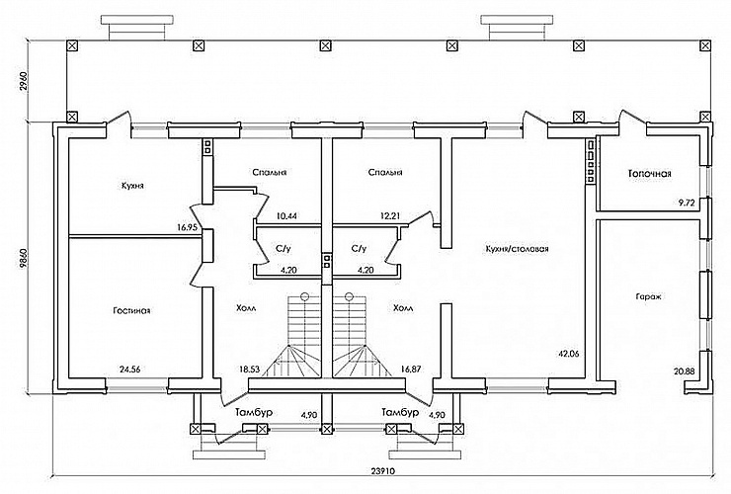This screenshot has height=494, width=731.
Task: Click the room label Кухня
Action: pos(132,186)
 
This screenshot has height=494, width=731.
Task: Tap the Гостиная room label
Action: pos(131,310)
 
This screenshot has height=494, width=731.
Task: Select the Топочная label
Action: pos(650,174)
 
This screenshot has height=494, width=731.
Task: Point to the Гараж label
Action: pos(649,296)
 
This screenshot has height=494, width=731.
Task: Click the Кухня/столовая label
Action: pos(517,249)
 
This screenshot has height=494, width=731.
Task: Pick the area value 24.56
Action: pos(130,370)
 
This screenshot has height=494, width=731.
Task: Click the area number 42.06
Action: pos(568,354)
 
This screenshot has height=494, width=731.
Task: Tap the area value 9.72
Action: pos(687,203)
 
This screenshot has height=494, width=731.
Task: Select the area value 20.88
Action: pos(685,371)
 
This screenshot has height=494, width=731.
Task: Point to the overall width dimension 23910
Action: pos(383,470)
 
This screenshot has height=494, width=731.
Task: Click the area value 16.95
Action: pos(188,228)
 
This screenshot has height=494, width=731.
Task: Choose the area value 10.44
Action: pos(287,216)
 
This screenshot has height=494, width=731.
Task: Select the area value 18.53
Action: pos(249,369)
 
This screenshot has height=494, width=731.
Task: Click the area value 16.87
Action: pos(411,369)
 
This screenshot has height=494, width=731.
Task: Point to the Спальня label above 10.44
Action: pos(269,172)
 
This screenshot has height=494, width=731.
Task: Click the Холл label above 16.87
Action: pos(403,308)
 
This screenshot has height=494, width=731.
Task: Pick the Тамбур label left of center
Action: pos(254,412)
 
